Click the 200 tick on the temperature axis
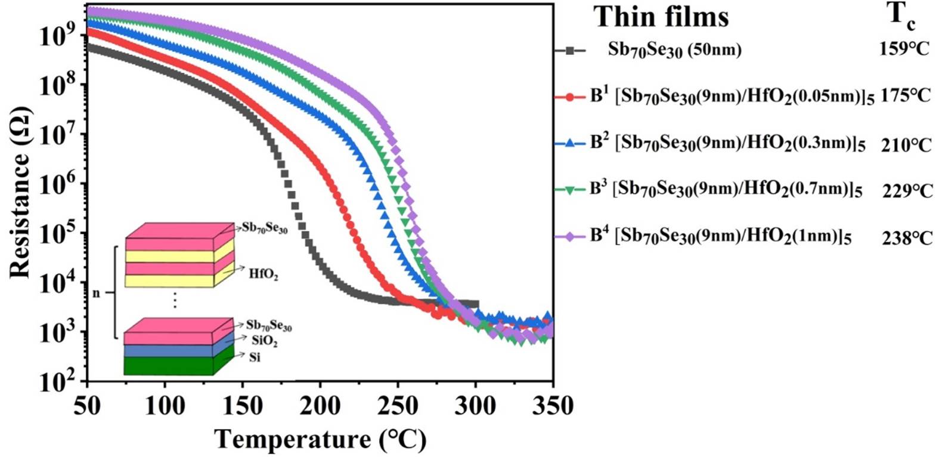click(x=320, y=406)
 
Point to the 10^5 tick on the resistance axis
click(x=62, y=234)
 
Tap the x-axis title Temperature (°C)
click(x=320, y=440)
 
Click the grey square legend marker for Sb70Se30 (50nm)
click(x=570, y=51)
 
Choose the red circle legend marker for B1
click(x=570, y=97)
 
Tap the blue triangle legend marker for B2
click(x=570, y=143)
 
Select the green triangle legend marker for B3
click(x=570, y=190)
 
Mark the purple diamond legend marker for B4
click(x=570, y=237)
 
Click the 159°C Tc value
click(x=904, y=50)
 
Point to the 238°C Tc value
click(x=907, y=237)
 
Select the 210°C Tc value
click(x=906, y=144)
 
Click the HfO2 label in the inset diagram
click(x=263, y=275)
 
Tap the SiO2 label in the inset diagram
click(x=264, y=342)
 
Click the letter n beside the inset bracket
click(x=96, y=293)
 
